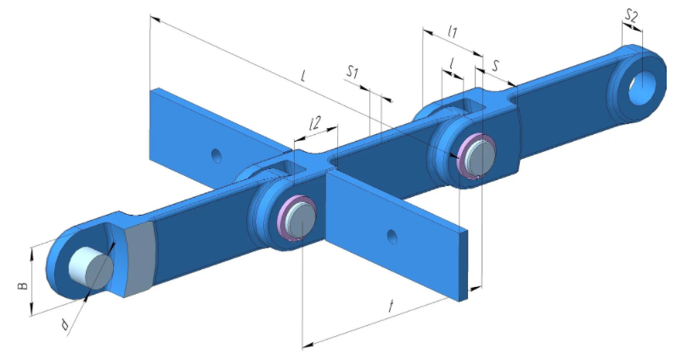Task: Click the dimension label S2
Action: coord(631,17)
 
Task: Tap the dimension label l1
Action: coord(453,31)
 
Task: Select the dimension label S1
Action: coord(352,73)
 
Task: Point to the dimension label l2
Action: coord(314,123)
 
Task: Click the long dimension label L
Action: coord(303,76)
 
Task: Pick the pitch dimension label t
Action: coord(391,307)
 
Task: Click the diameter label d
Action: coord(65,324)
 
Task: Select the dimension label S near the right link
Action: coord(495,65)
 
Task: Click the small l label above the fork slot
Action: coord(453,64)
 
